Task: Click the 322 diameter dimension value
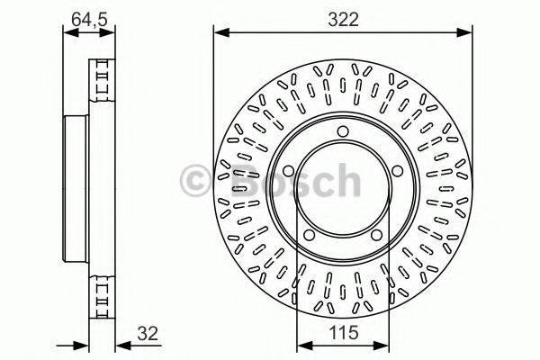click(342, 18)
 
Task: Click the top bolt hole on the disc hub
click(343, 133)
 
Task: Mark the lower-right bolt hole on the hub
click(376, 235)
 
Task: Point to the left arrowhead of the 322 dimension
click(219, 32)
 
